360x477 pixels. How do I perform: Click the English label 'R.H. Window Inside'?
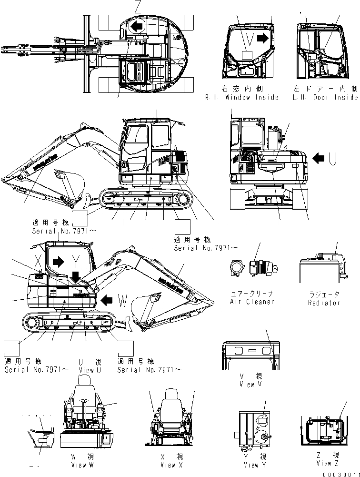click(x=242, y=97)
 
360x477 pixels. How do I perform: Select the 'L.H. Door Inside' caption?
click(x=325, y=97)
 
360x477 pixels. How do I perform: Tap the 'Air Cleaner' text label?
click(x=252, y=302)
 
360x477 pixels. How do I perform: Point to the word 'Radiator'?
click(x=323, y=303)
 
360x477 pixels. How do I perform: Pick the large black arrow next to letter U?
click(x=319, y=156)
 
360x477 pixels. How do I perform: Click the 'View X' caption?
click(x=169, y=465)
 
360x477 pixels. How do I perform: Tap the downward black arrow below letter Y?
click(x=75, y=276)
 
